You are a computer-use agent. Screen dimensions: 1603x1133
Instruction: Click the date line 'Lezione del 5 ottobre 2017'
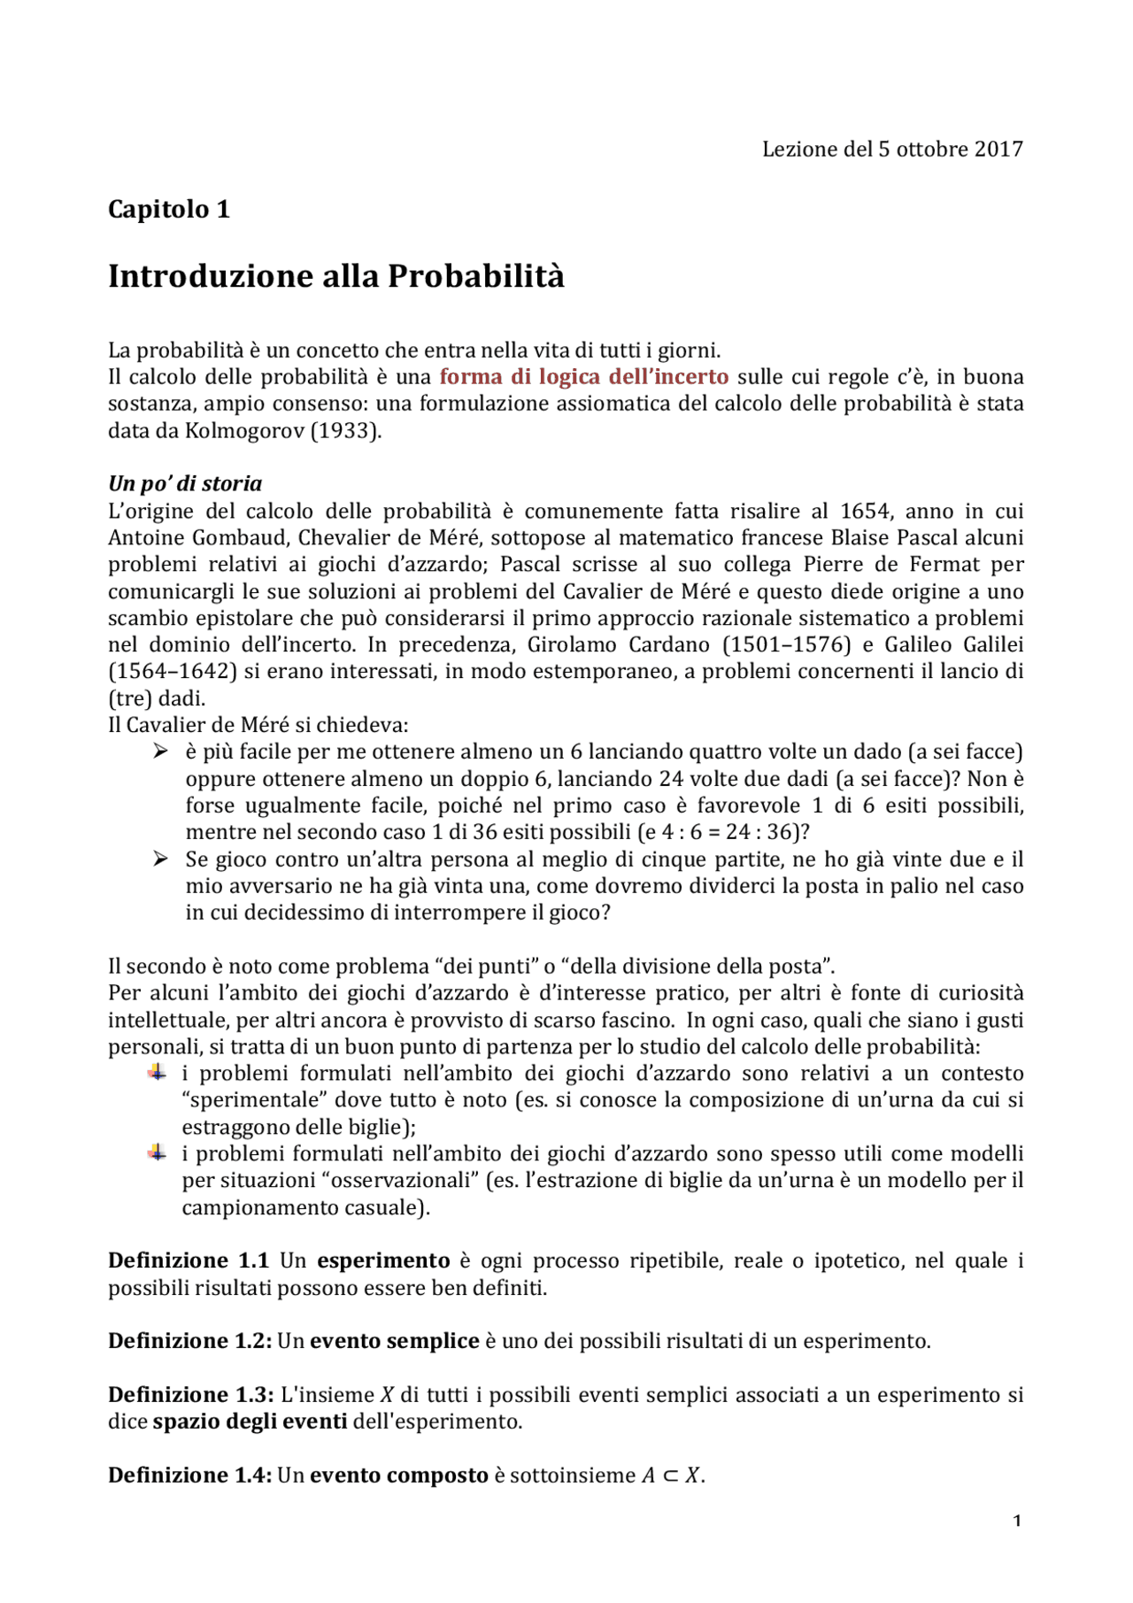tap(891, 149)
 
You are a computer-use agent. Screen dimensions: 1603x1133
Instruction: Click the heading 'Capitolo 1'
tap(168, 209)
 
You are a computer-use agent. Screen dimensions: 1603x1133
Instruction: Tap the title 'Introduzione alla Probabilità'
tap(335, 276)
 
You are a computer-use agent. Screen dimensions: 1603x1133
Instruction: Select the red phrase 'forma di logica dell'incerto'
tap(583, 377)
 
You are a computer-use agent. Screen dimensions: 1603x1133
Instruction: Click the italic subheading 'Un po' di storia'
tap(185, 483)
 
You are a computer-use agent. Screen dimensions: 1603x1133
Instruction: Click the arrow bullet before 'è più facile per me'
tap(159, 751)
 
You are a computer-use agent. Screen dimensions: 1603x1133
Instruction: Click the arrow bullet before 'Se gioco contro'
tap(159, 859)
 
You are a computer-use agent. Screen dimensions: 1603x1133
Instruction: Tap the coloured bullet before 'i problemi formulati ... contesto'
tap(157, 1073)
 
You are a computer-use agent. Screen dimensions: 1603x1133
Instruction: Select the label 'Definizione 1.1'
tap(188, 1260)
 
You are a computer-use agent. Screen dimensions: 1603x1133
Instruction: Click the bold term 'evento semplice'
tap(394, 1341)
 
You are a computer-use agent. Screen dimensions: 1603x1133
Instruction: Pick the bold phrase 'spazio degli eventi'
tap(250, 1422)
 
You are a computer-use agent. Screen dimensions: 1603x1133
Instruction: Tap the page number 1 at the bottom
tap(1017, 1521)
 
